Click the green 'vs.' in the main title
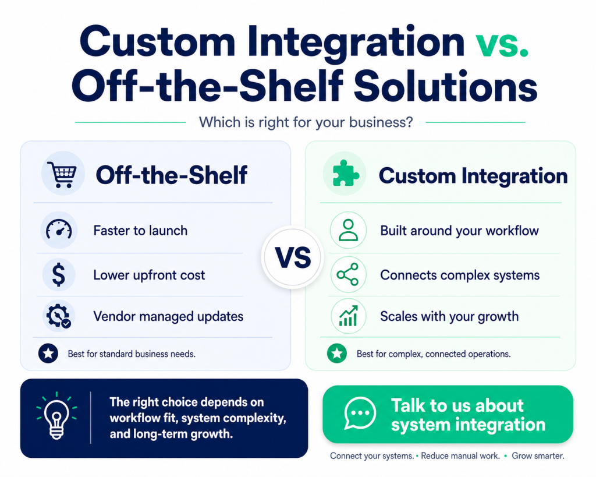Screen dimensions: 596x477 502,43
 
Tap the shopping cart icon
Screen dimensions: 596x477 62,174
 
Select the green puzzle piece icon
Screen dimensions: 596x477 345,173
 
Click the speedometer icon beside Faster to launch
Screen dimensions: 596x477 59,229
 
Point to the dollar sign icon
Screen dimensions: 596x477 59,275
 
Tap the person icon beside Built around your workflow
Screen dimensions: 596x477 348,230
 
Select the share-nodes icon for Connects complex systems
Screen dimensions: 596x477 348,274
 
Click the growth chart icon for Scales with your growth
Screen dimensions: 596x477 348,316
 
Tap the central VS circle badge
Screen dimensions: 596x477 293,257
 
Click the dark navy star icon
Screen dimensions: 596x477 48,354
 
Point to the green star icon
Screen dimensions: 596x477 337,354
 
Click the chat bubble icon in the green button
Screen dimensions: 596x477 360,414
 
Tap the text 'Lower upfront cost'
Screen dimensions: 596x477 149,275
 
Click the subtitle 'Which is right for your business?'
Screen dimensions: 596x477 306,122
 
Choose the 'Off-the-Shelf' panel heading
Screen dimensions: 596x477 172,175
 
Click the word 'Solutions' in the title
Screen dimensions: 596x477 445,86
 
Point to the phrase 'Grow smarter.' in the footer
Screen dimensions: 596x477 538,455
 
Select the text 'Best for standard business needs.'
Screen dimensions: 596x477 132,354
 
